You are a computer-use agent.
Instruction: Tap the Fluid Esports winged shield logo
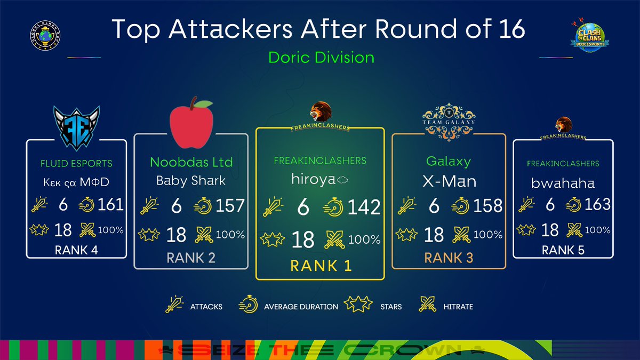pyautogui.click(x=77, y=126)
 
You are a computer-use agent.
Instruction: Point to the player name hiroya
pyautogui.click(x=313, y=180)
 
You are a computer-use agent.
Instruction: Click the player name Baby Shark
pyautogui.click(x=191, y=180)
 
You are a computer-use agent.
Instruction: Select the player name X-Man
pyautogui.click(x=449, y=181)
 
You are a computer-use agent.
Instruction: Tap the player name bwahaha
pyautogui.click(x=562, y=183)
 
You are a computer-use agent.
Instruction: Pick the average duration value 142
pyautogui.click(x=364, y=207)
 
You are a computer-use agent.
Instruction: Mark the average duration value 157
pyautogui.click(x=230, y=206)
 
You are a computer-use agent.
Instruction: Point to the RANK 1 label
pyautogui.click(x=321, y=265)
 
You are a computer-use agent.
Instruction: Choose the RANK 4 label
pyautogui.click(x=77, y=250)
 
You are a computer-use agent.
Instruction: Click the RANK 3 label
pyautogui.click(x=449, y=258)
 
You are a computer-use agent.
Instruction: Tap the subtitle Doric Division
pyautogui.click(x=321, y=57)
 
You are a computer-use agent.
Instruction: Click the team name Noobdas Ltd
pyautogui.click(x=191, y=162)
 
